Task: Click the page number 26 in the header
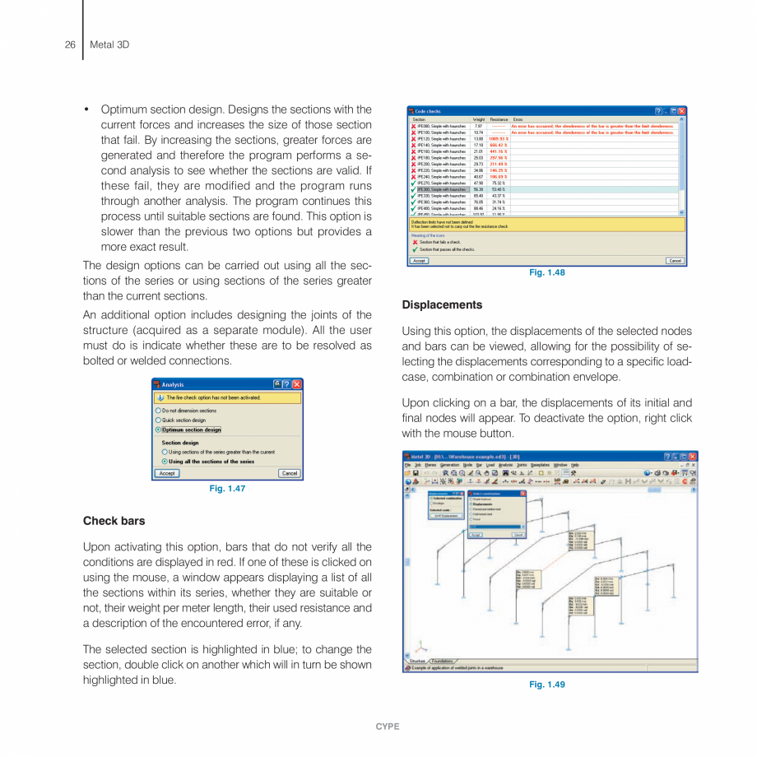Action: (x=70, y=44)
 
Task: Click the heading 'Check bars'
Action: (x=114, y=521)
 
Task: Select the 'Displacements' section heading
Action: (x=442, y=304)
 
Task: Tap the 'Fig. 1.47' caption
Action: (x=228, y=489)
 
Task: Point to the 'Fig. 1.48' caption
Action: (x=547, y=272)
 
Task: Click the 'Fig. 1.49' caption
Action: (x=547, y=685)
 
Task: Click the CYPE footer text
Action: (x=388, y=727)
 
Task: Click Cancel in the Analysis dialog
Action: (x=290, y=473)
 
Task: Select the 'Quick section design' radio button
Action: (x=159, y=420)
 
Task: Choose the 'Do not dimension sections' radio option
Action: (x=159, y=410)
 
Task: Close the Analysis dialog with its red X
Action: (x=297, y=384)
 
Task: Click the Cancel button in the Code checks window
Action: (x=675, y=260)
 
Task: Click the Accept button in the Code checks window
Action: (x=419, y=260)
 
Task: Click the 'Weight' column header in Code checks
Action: (x=479, y=119)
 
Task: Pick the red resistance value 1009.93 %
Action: (x=498, y=139)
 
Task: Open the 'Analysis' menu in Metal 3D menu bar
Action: (x=505, y=465)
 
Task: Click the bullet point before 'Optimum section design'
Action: (x=86, y=109)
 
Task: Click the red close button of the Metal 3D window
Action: (x=692, y=457)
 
